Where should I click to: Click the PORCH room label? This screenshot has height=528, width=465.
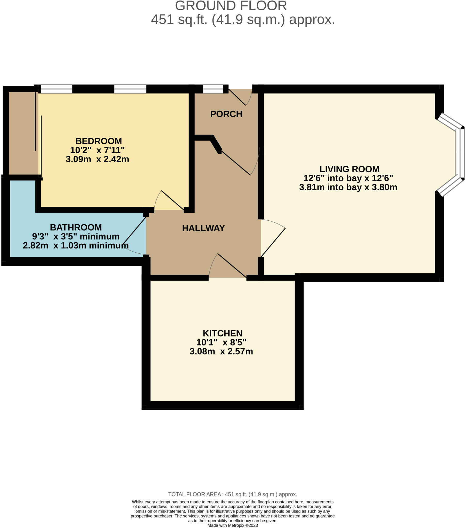pos(226,114)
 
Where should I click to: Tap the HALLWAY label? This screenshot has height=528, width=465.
pos(203,228)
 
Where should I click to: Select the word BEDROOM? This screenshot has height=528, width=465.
pos(99,141)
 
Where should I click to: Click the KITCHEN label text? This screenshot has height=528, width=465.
pos(222,333)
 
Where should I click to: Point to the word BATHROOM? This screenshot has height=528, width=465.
pos(76,227)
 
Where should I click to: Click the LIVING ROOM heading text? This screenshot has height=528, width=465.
pos(349,169)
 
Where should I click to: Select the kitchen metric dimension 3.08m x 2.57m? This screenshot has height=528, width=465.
pos(221,351)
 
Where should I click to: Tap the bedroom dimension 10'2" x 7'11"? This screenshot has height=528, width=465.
pos(97,150)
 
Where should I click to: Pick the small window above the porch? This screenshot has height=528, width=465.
pos(213,89)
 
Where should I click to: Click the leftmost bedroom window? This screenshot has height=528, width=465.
pos(56,89)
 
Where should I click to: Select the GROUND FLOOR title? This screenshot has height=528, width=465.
pos(231,6)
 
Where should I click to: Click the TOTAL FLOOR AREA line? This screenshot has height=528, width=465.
pos(232,494)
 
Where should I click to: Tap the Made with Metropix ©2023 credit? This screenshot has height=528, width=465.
pos(232,525)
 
